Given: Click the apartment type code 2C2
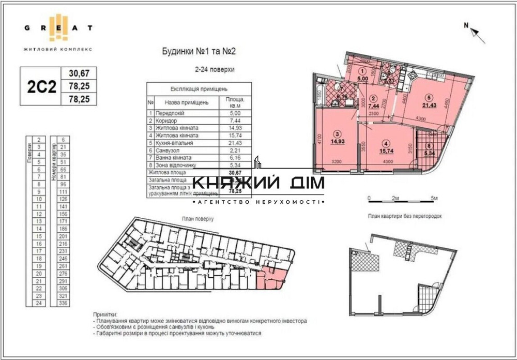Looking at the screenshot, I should (x=41, y=86).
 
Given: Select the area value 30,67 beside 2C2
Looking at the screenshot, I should (x=79, y=73).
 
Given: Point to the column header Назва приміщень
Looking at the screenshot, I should (x=187, y=102).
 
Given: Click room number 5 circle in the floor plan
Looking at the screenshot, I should (x=429, y=96).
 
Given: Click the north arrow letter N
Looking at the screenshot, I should (x=466, y=25).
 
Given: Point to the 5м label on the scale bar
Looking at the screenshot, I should (x=434, y=198).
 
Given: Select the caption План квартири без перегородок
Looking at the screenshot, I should (x=405, y=216).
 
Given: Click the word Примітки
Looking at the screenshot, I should (x=105, y=314).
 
